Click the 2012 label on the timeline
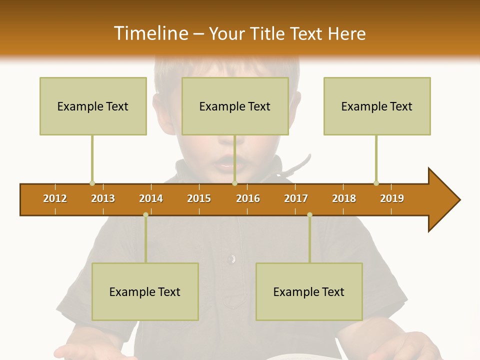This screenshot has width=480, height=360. tap(55, 198)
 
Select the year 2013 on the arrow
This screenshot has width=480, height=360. tap(103, 198)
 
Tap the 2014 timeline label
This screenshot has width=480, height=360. tap(151, 198)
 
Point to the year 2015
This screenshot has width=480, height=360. tap(199, 198)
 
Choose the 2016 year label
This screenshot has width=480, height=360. tap(248, 198)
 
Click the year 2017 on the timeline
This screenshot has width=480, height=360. tap(296, 198)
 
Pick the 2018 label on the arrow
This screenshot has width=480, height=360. tap(344, 198)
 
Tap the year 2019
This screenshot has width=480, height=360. tap(392, 198)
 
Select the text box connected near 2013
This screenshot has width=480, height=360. tap(93, 106)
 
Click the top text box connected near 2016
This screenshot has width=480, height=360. tap(235, 106)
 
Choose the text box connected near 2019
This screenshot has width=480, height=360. tap(377, 106)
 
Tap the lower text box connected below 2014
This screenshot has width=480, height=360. tap(145, 291)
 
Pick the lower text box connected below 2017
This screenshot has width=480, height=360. tap(309, 291)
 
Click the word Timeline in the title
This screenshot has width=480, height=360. tap(150, 33)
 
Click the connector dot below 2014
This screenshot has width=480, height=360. tap(145, 215)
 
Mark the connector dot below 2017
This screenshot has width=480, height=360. tap(309, 215)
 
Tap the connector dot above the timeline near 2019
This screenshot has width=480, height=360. tap(376, 183)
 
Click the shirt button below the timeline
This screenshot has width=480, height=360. tap(231, 258)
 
